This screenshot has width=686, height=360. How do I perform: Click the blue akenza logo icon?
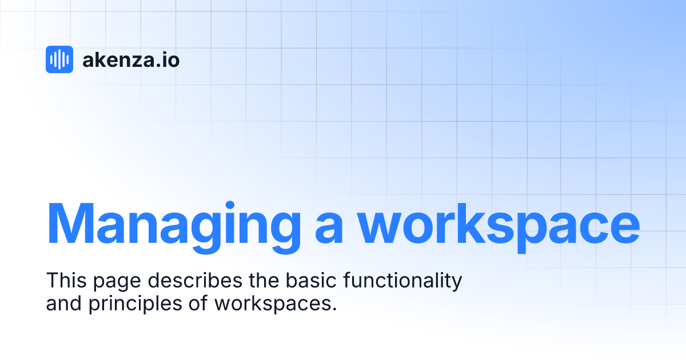click(59, 59)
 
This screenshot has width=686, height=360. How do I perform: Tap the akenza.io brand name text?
click(131, 59)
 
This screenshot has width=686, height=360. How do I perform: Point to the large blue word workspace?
click(500, 224)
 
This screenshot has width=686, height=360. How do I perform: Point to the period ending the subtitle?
click(334, 309)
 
